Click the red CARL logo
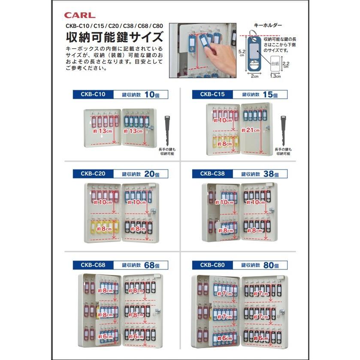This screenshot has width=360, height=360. pyautogui.click(x=80, y=15)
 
